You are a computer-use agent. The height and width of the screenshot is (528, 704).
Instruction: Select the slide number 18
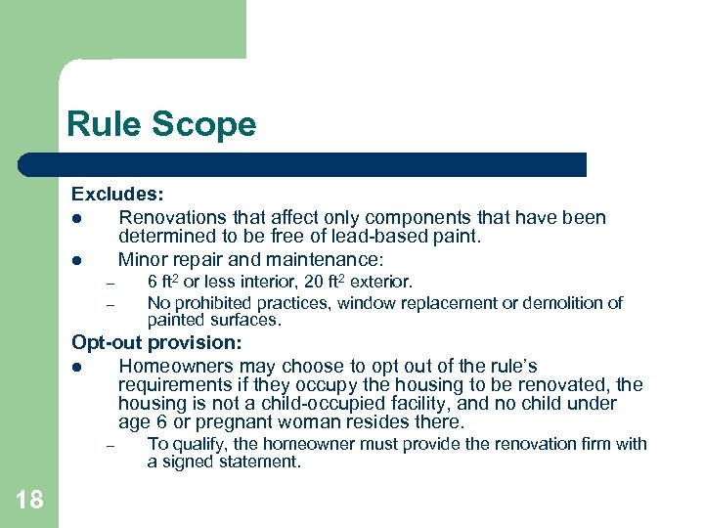pyautogui.click(x=29, y=500)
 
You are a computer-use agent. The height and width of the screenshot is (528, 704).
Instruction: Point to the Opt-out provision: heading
pyautogui.click(x=156, y=343)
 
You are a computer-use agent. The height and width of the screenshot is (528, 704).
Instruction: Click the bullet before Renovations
pyautogui.click(x=75, y=218)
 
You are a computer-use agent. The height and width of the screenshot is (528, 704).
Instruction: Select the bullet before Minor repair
pyautogui.click(x=75, y=260)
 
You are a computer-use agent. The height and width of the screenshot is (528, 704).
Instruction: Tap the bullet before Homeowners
pyautogui.click(x=75, y=367)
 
